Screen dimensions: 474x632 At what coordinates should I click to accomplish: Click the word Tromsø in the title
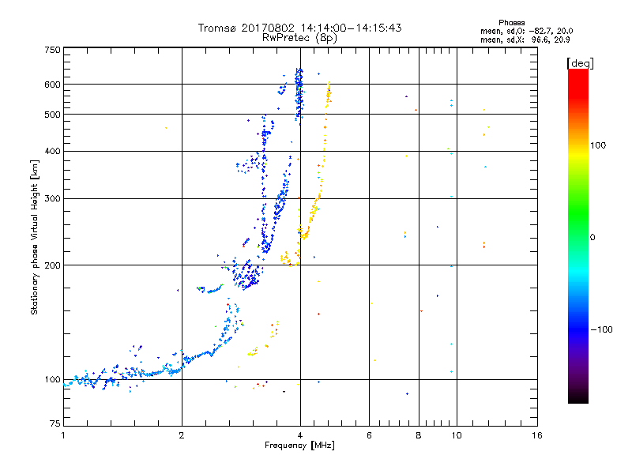(x=216, y=28)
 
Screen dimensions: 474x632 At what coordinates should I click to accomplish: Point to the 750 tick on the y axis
(x=52, y=50)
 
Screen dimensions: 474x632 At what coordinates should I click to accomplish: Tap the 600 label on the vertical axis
(x=52, y=85)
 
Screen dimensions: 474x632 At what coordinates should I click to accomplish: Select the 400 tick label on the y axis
(x=52, y=151)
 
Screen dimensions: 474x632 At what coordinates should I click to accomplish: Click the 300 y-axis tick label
(x=52, y=198)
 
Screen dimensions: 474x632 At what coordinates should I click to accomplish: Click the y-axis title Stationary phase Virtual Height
(x=35, y=237)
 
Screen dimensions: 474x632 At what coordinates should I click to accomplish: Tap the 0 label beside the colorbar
(x=594, y=237)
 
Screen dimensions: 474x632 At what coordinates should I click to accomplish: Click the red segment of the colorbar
(x=577, y=79)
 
